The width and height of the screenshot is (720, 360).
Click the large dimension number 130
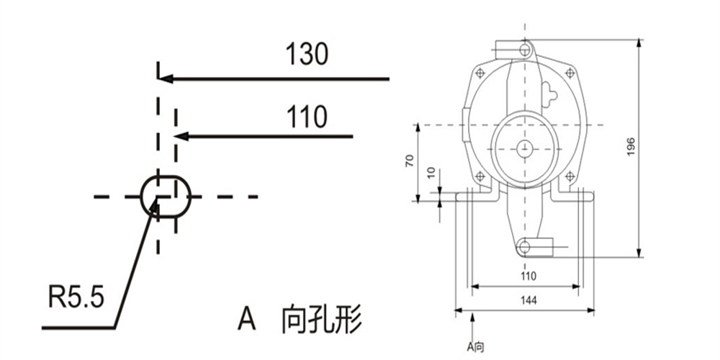click(x=307, y=54)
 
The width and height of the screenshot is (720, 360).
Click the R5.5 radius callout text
click(x=77, y=297)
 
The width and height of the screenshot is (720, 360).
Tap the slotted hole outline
click(x=166, y=197)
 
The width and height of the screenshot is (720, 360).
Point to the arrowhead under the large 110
click(x=181, y=136)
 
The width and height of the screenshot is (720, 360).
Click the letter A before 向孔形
click(x=246, y=318)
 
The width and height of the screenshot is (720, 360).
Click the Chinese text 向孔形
click(x=321, y=319)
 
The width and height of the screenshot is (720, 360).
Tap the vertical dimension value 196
click(x=631, y=146)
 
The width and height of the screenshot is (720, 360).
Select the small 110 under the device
click(x=528, y=276)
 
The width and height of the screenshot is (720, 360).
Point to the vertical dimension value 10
click(x=431, y=172)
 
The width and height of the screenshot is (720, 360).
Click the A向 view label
click(x=475, y=347)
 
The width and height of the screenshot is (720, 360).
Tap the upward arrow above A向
click(x=473, y=327)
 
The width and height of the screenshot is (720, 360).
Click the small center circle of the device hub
click(x=524, y=148)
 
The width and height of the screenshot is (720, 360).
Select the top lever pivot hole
click(x=526, y=49)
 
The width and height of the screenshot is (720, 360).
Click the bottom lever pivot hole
click(x=524, y=247)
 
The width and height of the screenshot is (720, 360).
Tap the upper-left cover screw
click(x=480, y=73)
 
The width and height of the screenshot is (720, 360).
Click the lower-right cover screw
click(x=570, y=176)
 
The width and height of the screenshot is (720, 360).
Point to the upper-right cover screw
click(x=570, y=73)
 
